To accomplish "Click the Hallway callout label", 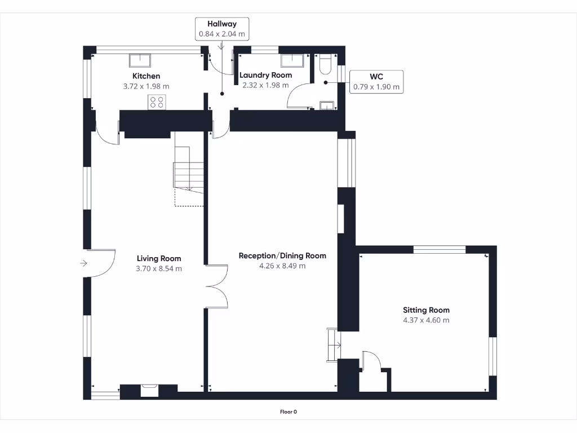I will click(x=222, y=29).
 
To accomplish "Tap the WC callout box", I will click(x=376, y=81).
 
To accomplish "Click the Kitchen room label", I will click(x=146, y=76).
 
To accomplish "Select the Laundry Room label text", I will click(x=265, y=75).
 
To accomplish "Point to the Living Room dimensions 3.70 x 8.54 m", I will click(x=159, y=269).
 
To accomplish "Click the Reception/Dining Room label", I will click(x=282, y=255).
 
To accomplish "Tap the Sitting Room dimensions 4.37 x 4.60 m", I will click(x=426, y=320).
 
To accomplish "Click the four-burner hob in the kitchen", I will click(x=157, y=102).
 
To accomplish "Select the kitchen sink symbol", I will click(x=139, y=60).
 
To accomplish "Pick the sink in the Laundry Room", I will click(x=292, y=60).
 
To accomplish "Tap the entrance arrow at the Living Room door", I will click(x=84, y=263).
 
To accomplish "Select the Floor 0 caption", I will click(x=288, y=412).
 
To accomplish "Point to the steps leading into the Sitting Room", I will click(x=332, y=344).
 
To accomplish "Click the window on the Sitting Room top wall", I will click(x=440, y=249).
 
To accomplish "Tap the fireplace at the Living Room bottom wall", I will click(x=150, y=389).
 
